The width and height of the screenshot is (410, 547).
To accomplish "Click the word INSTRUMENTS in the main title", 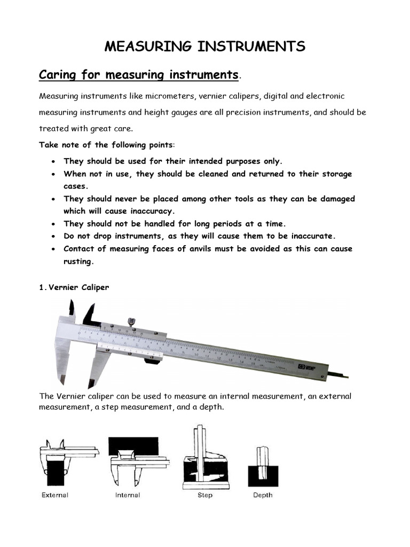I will [x=250, y=46].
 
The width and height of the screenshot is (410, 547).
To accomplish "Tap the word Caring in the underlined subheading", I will [x=57, y=74].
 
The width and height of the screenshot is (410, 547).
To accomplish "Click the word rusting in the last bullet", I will [x=78, y=261].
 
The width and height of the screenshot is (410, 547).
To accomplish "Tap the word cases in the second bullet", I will [x=75, y=186].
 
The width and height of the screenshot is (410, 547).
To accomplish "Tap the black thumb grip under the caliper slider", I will [x=153, y=362].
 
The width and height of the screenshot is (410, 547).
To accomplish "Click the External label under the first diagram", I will [x=55, y=495].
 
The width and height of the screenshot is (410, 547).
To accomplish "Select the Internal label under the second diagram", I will [x=128, y=495].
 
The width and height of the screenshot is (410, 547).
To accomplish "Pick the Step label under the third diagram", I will [x=205, y=495].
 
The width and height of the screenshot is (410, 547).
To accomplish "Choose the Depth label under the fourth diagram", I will [x=262, y=495].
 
